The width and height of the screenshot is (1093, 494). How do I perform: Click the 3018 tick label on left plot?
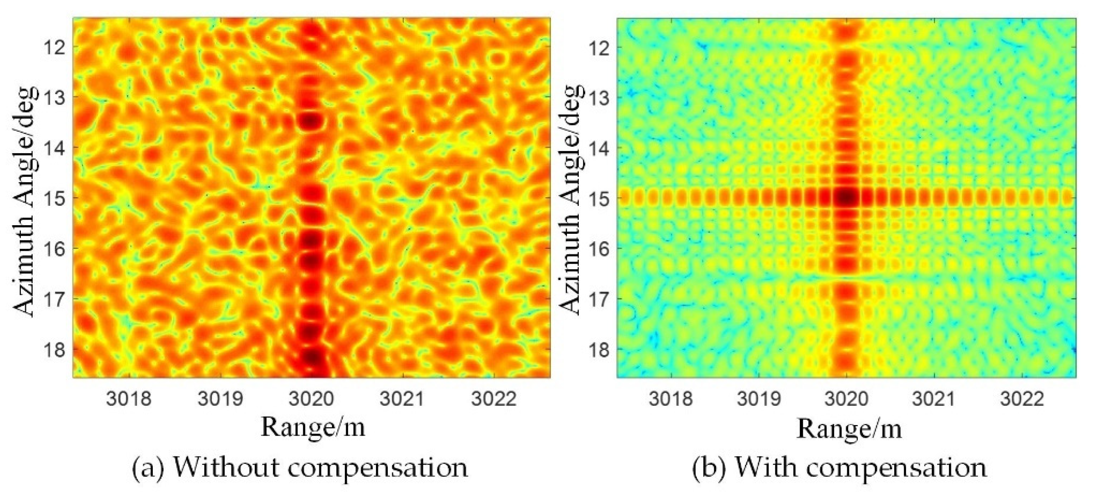(129, 399)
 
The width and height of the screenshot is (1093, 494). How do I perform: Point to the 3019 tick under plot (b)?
(759, 399)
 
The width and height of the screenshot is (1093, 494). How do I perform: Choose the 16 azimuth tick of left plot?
(55, 248)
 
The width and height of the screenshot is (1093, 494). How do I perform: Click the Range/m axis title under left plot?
(313, 427)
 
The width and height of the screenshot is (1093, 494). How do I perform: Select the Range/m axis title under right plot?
(849, 429)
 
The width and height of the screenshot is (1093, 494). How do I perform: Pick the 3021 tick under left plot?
(402, 399)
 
